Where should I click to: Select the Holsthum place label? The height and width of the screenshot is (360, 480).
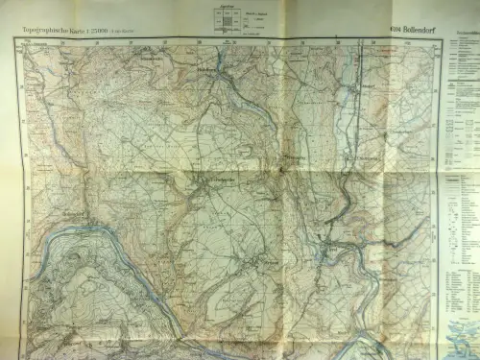point(207,70)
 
